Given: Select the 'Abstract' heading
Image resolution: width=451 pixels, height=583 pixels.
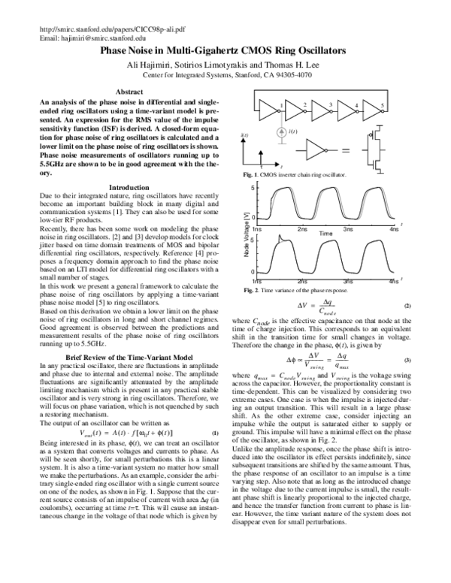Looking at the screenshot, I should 131,91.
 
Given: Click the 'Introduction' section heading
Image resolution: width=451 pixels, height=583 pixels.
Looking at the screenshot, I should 130,186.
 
